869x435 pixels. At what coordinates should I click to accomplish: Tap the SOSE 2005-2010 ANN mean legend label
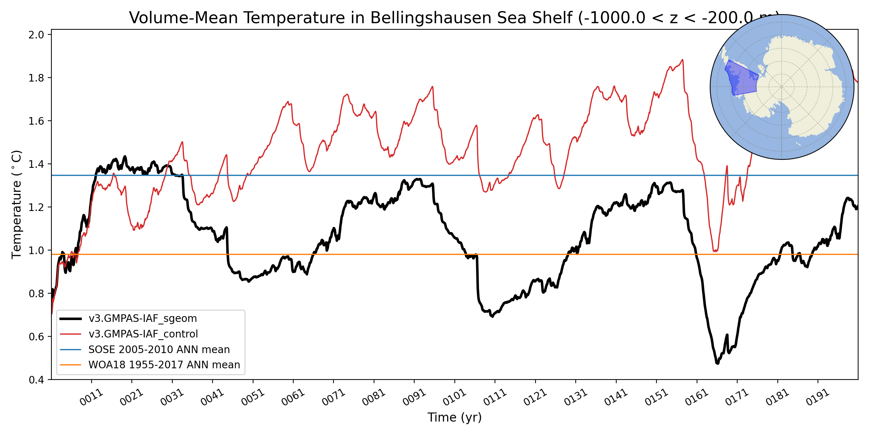(159, 349)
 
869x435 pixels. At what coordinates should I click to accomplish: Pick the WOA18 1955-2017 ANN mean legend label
(164, 365)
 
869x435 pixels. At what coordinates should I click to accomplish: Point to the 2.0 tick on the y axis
(36, 35)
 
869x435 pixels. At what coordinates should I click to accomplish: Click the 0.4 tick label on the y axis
(36, 380)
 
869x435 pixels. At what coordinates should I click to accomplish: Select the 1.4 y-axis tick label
(36, 164)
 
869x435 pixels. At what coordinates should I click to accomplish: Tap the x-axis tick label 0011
(91, 398)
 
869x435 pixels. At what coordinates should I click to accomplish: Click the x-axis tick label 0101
(454, 398)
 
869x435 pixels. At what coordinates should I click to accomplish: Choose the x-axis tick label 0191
(818, 398)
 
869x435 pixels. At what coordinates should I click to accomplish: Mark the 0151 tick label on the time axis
(656, 398)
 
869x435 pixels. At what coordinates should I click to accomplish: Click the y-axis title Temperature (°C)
(17, 204)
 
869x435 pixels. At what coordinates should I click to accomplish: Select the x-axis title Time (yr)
(454, 418)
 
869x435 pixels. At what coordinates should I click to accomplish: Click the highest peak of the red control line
(683, 60)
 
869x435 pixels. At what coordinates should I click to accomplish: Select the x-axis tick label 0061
(293, 398)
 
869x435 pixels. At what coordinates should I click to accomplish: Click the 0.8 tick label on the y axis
(36, 293)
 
